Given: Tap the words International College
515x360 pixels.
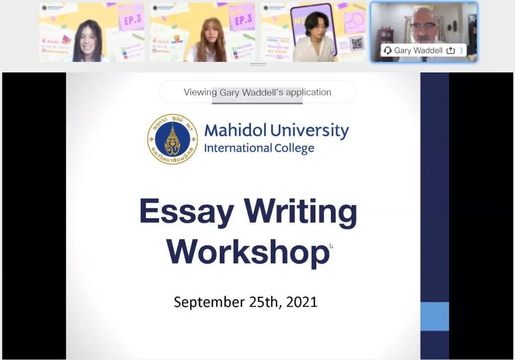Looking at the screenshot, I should point(259,148).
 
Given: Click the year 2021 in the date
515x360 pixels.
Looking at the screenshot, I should point(300,302).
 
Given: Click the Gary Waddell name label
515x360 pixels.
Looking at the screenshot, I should point(418,50).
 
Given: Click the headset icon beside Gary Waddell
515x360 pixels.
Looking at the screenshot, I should point(387,50).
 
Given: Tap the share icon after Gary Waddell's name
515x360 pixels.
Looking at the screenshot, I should point(451,50).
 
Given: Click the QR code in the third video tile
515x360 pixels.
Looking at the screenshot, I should point(356,43).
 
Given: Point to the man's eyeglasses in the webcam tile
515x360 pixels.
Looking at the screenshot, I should point(423,26).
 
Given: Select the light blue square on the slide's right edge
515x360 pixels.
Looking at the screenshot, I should point(435,316).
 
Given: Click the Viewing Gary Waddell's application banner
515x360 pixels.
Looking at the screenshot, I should point(257,92).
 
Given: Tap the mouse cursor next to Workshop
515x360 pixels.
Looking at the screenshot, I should point(331,246).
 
